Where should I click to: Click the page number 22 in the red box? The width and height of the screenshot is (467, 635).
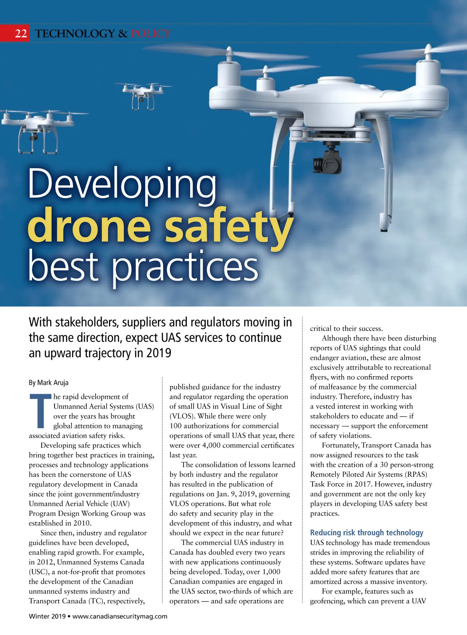[x=21, y=33]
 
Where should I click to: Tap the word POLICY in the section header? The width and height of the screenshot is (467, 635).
[x=151, y=33]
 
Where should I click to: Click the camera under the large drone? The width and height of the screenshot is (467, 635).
[x=328, y=160]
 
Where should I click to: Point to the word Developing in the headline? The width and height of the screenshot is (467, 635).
[x=122, y=184]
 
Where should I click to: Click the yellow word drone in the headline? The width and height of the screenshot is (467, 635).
[x=89, y=225]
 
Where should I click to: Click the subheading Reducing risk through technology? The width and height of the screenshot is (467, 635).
[x=367, y=533]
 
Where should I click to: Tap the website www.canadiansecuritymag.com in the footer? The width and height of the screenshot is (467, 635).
[x=120, y=616]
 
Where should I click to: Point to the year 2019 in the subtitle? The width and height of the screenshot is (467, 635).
[x=159, y=353]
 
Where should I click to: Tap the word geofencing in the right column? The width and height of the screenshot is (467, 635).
[x=328, y=601]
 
